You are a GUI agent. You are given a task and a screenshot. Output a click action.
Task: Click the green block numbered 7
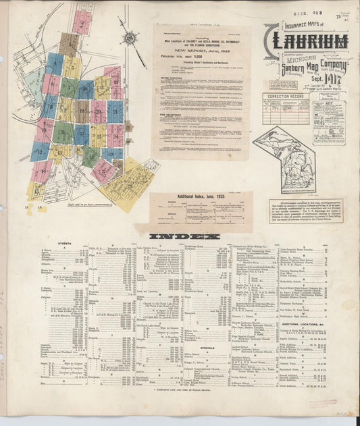(x=68, y=88)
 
